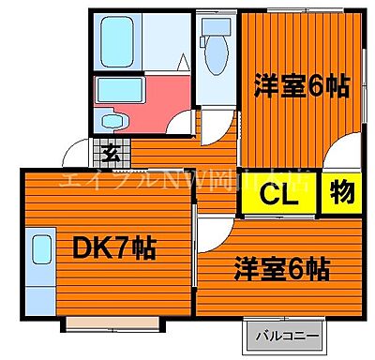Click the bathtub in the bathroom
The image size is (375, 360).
pos(127,38)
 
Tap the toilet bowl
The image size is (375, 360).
pos(215,52)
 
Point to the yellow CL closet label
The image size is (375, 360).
pos(278,197)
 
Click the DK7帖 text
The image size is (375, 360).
pos(115,251)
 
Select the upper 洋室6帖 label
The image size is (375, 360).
pos(302,86)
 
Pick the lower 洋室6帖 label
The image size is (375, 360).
pos(281,270)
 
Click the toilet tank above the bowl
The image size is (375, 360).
pos(215,22)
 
